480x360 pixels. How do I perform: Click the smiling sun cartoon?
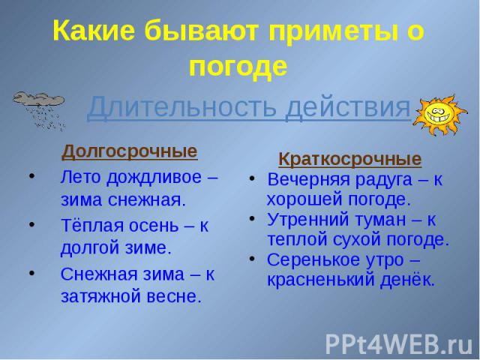click(439, 115)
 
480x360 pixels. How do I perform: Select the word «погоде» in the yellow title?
click(238, 66)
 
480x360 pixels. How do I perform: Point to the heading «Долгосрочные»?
click(130, 151)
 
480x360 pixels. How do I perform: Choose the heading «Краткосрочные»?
click(350, 159)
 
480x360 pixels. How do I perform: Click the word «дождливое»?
click(154, 178)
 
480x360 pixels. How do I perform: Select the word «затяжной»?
click(101, 296)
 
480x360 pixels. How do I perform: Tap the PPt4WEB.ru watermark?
click(399, 345)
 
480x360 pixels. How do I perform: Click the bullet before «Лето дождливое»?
click(31, 177)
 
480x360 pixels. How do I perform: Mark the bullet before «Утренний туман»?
click(252, 219)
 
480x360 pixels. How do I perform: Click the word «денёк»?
click(407, 279)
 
